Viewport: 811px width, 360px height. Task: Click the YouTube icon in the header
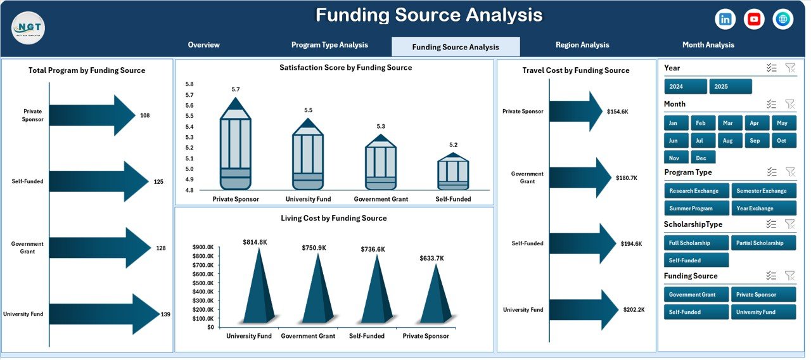tap(754, 19)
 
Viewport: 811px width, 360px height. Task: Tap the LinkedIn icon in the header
tap(725, 19)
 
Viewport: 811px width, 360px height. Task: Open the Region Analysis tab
tap(582, 45)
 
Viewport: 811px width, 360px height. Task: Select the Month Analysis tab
tap(708, 45)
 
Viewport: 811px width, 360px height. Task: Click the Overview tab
tap(203, 45)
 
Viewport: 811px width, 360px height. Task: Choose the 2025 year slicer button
tap(730, 86)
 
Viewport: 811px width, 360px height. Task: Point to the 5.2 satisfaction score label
tap(453, 145)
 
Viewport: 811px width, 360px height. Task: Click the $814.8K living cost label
tap(255, 242)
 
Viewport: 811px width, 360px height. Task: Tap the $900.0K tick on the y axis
tap(203, 247)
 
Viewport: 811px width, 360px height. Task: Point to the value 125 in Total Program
tap(158, 182)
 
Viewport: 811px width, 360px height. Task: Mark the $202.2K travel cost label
tap(634, 310)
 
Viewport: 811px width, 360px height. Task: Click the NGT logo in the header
tap(28, 28)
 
